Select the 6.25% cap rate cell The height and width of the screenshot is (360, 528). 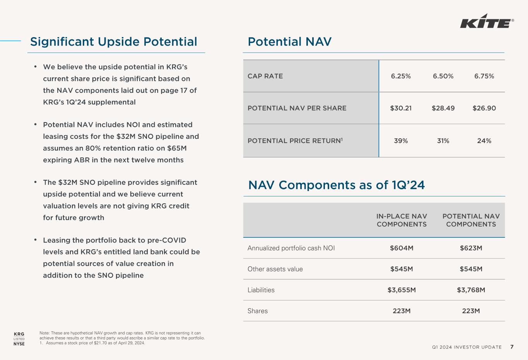tap(401, 76)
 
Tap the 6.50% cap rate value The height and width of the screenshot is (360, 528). tap(443, 76)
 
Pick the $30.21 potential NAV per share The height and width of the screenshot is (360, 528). tap(401, 108)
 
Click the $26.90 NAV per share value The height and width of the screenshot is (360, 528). tap(484, 108)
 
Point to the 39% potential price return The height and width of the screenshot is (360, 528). tap(401, 141)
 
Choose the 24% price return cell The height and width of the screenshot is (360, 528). tap(484, 141)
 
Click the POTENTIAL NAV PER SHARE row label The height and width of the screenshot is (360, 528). tap(297, 108)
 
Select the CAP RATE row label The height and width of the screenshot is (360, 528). tap(265, 76)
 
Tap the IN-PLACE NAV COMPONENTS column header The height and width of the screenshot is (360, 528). tap(402, 220)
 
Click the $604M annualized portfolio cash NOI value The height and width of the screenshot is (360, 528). tap(402, 248)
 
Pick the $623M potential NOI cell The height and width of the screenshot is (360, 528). tap(471, 248)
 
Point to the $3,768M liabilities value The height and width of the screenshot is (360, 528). tap(471, 290)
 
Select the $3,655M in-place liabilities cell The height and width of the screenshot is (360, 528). tap(402, 290)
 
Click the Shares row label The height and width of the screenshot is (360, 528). tap(257, 311)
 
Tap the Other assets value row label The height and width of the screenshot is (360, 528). tap(275, 269)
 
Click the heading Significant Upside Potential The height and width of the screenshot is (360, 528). tap(114, 42)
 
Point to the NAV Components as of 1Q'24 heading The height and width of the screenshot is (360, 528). tap(336, 185)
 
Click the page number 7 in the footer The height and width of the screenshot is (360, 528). tap(512, 347)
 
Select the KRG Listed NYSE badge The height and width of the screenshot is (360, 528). tap(19, 339)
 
